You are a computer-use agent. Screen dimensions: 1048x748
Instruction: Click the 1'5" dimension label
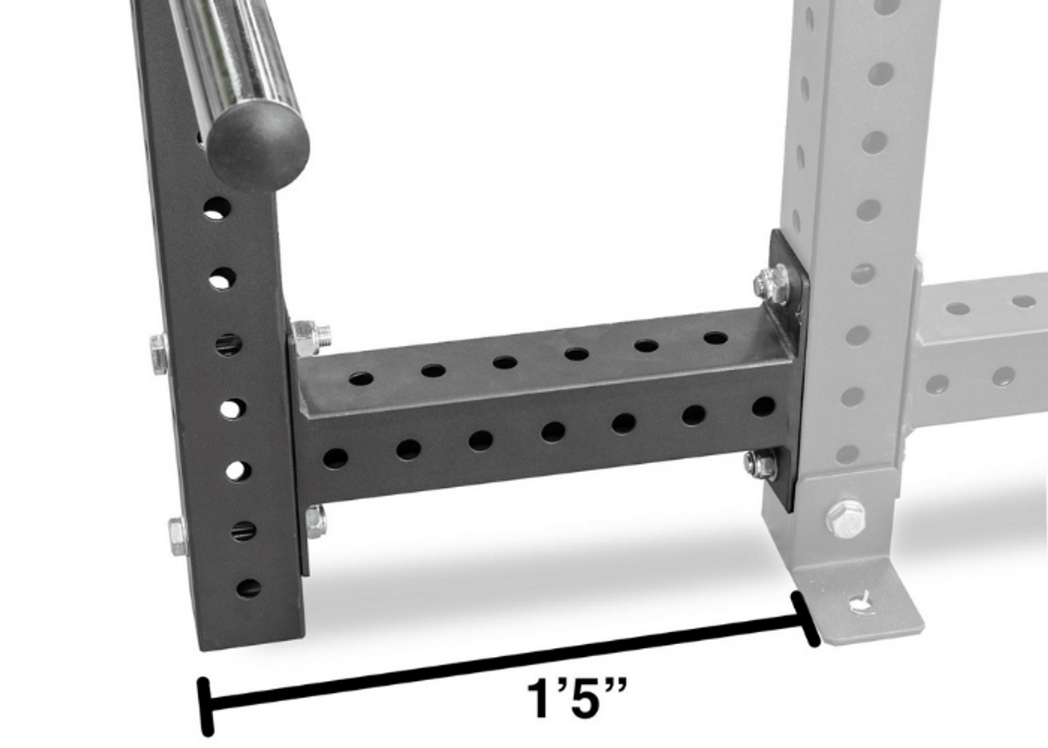coord(576,700)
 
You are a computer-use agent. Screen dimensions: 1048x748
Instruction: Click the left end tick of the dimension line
coord(206,706)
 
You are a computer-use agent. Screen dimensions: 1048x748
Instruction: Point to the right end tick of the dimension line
coord(805,620)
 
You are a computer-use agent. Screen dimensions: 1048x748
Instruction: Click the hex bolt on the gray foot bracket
coord(845,518)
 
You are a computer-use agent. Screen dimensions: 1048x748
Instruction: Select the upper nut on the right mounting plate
coord(771,284)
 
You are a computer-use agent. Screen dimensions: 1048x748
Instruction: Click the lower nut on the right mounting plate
coord(760,465)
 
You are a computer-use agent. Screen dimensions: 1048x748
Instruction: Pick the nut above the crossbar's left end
coord(310,337)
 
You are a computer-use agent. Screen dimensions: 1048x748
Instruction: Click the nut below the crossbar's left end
coord(315,521)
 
